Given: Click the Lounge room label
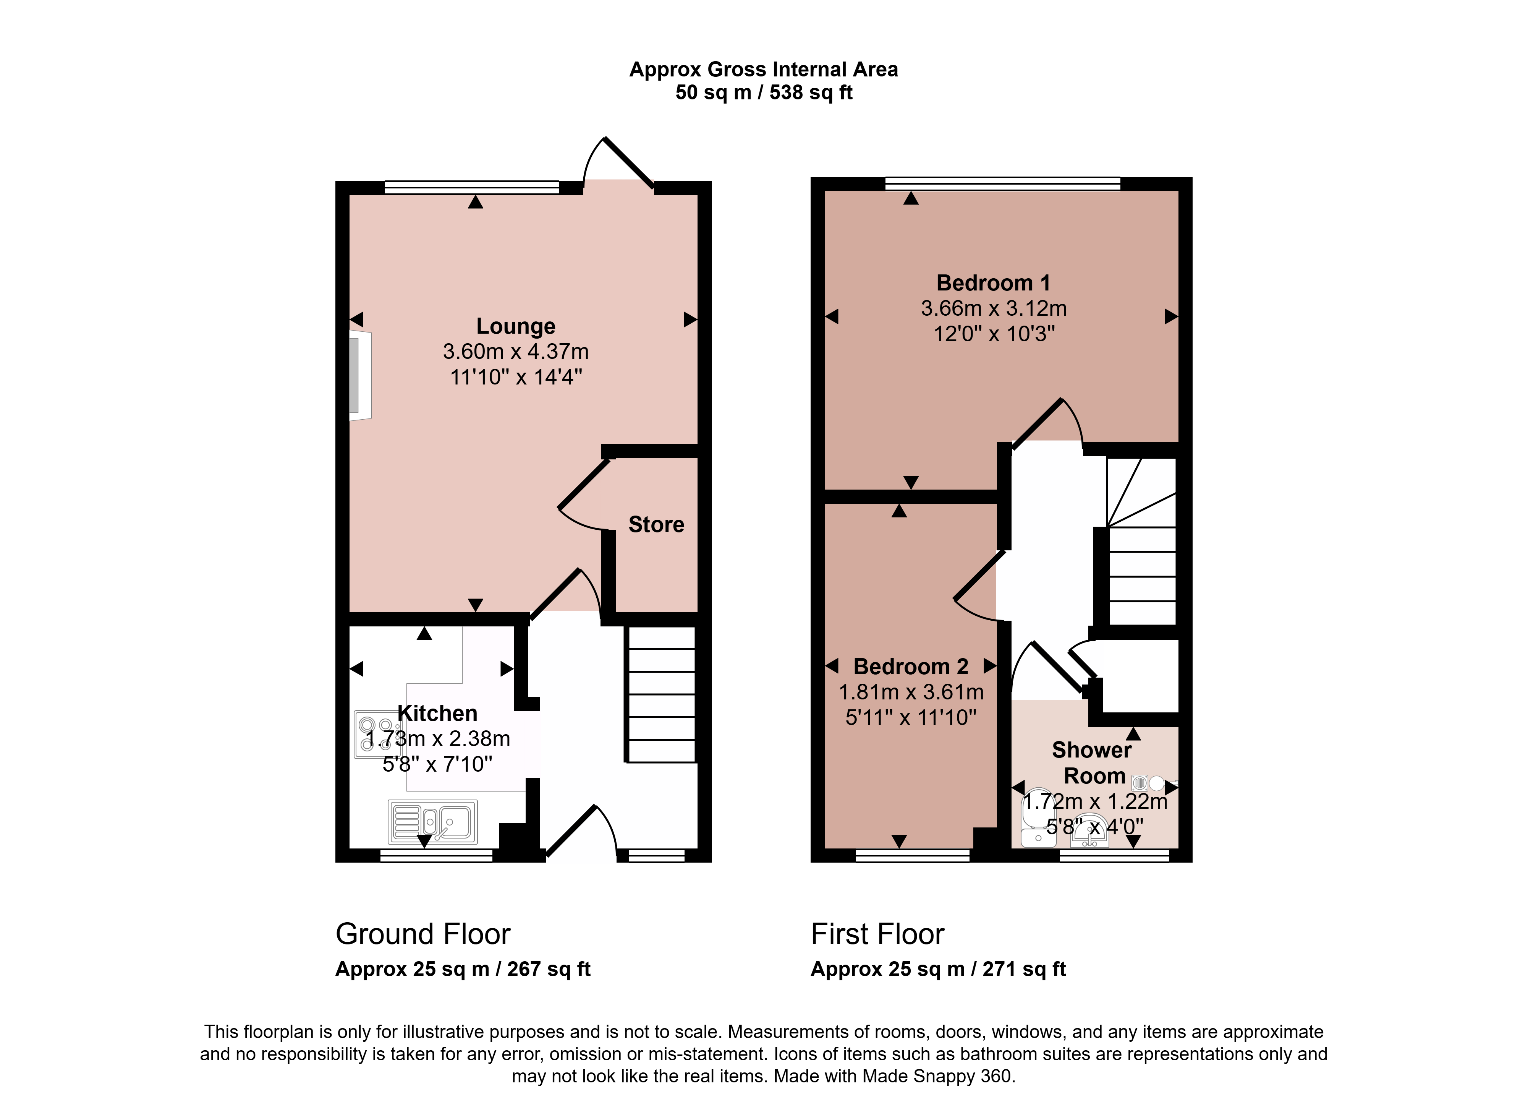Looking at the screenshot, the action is [516, 326].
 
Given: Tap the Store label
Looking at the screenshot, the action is [656, 525].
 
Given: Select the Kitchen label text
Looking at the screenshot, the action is [437, 714].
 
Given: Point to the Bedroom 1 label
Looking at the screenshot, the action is [993, 283].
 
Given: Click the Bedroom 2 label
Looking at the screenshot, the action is [911, 667].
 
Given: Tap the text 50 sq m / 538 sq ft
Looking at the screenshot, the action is [764, 92].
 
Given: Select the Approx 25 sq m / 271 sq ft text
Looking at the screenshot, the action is [938, 969].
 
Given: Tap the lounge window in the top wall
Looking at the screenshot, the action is [472, 188].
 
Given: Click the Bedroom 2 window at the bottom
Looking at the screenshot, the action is [913, 855].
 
